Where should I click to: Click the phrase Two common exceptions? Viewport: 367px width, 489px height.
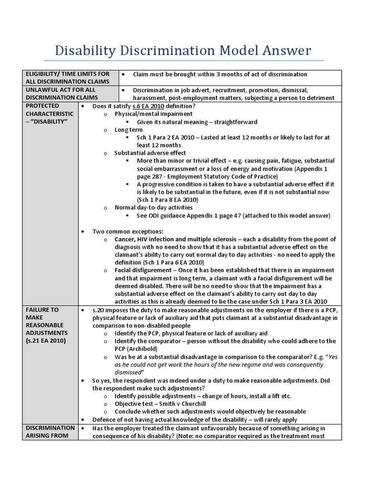125,231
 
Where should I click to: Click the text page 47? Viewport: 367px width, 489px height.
235,215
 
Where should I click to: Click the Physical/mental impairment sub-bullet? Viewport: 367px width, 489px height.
153,114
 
